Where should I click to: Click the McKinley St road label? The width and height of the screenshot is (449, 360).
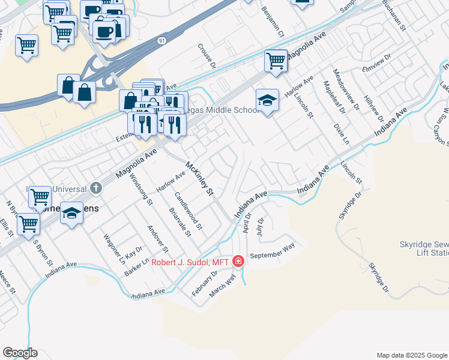200,179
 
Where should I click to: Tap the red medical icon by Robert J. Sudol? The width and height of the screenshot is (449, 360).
238,262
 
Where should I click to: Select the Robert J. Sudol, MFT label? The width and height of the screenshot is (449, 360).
188,262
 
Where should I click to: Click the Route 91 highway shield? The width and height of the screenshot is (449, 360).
162,40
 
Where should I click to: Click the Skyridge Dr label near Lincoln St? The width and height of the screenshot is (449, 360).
350,206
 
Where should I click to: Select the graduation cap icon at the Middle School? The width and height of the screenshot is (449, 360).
267,99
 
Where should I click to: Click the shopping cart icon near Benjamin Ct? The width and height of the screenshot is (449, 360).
276,60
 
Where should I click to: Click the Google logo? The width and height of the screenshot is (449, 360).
20,353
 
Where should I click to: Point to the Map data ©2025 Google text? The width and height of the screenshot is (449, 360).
411,355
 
